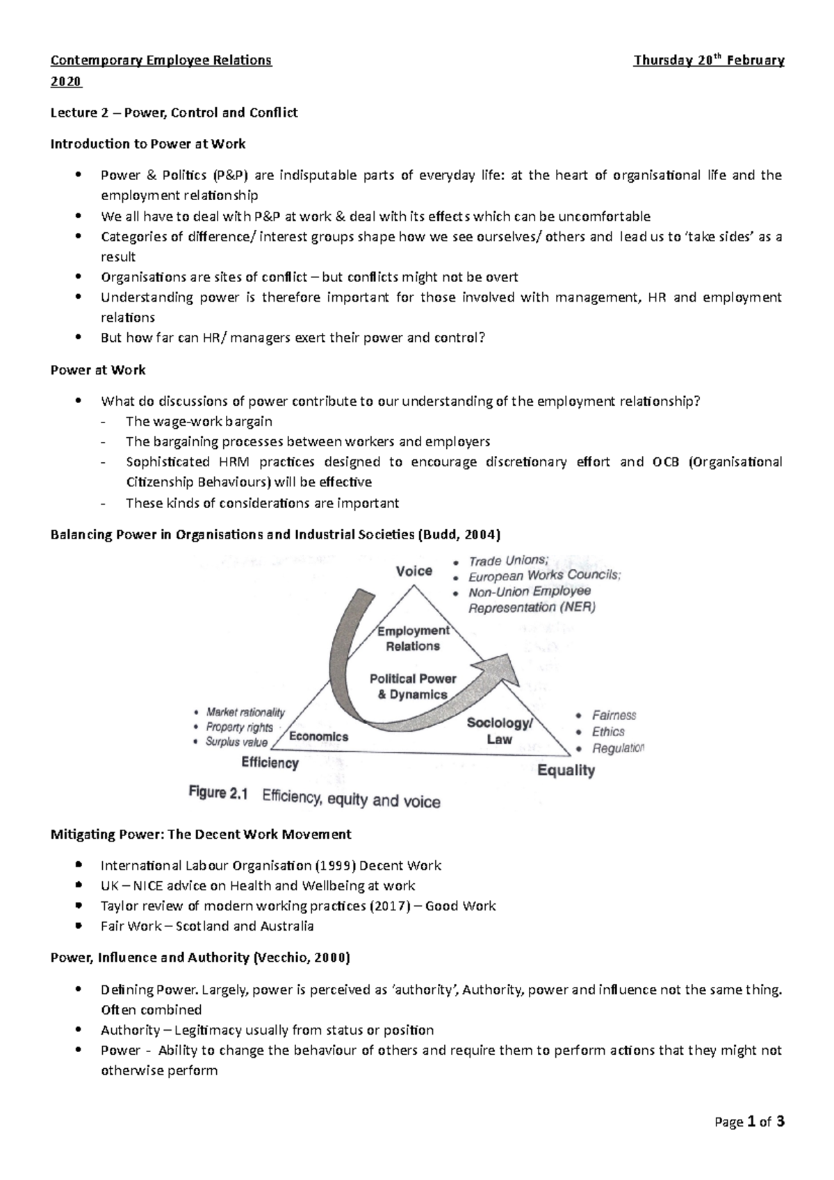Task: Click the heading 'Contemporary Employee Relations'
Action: tap(161, 60)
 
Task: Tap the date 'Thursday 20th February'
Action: tap(708, 60)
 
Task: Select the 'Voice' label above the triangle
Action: tap(414, 571)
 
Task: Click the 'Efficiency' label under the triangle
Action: tap(270, 763)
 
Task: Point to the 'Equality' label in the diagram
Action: tap(566, 770)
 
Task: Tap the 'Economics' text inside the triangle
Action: tap(318, 737)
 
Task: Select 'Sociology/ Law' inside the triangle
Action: tap(500, 731)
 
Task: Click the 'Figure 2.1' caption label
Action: tap(218, 794)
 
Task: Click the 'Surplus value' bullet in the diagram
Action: tap(236, 742)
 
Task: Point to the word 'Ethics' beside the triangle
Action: tap(608, 732)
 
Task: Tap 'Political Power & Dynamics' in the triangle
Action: tap(413, 687)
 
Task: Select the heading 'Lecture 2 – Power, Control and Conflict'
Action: tap(174, 113)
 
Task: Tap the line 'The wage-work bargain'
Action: tap(199, 422)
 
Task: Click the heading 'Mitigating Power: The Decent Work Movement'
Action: tap(201, 834)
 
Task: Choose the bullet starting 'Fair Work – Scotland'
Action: tap(207, 926)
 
